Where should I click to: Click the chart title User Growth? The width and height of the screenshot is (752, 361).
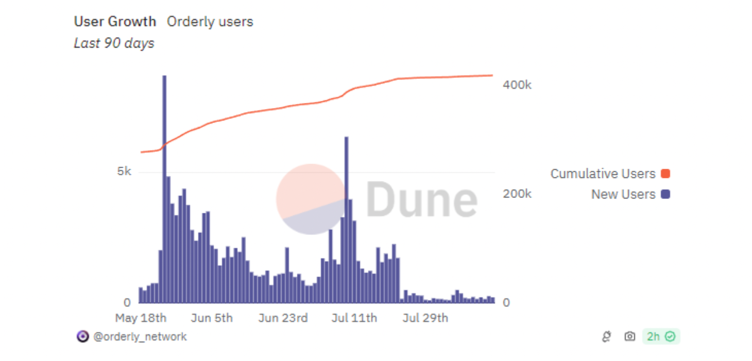tap(115, 22)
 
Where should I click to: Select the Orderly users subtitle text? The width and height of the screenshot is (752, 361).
tap(210, 22)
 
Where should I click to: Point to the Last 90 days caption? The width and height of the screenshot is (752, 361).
tap(114, 43)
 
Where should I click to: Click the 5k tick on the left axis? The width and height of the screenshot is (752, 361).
tap(124, 171)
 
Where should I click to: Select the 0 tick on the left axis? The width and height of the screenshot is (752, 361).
tap(127, 302)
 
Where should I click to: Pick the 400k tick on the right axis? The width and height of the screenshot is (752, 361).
tap(517, 85)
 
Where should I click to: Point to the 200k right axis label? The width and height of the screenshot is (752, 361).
tap(517, 194)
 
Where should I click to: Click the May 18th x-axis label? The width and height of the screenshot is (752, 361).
tap(141, 318)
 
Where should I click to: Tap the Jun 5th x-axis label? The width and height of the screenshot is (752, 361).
tap(211, 318)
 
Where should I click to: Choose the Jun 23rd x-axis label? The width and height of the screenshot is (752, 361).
tap(283, 318)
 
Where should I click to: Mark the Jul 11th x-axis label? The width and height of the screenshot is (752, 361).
tap(354, 318)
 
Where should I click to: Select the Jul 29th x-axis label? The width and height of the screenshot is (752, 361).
tap(425, 318)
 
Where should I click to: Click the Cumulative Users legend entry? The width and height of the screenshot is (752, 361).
tap(603, 174)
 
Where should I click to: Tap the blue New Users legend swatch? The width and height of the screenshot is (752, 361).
tap(665, 194)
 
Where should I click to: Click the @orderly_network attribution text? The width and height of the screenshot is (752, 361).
tap(140, 337)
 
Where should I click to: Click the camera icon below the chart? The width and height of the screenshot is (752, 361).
tap(629, 337)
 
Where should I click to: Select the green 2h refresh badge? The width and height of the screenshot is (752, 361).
tap(661, 337)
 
